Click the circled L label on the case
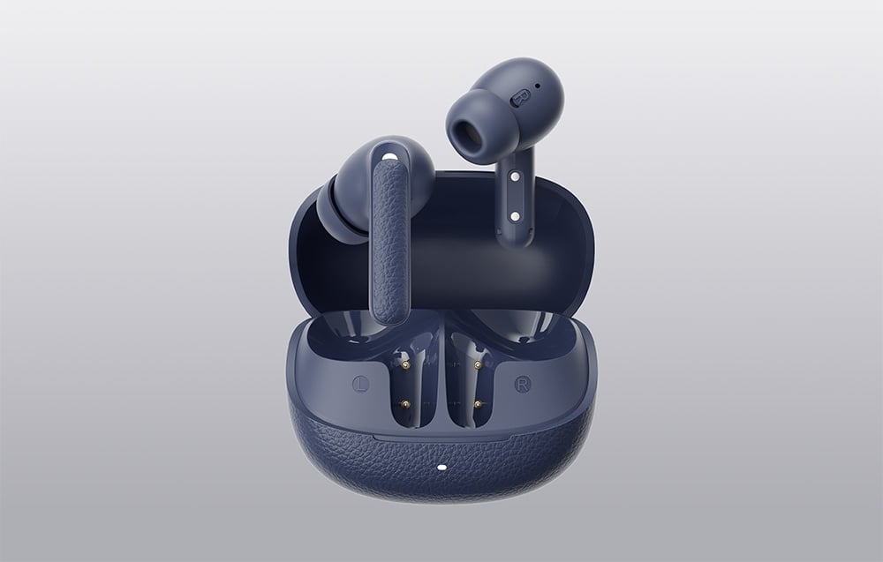coord(360,385)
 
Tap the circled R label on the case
coord(523,385)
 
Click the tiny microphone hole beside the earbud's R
coord(537,86)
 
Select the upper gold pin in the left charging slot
coord(406,365)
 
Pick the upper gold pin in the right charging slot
coord(478,365)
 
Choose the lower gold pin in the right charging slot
coord(479,404)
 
